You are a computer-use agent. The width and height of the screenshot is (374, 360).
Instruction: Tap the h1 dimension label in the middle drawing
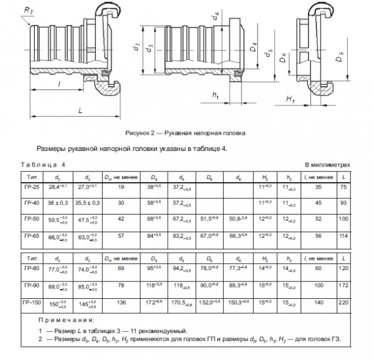214,95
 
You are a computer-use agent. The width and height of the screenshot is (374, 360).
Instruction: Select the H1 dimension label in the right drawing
290,99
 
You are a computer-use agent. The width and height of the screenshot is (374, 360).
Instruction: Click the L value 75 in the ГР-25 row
343,187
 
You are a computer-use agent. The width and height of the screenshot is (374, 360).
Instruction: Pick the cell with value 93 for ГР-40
343,203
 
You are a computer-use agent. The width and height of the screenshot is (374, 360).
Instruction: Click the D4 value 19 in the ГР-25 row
122,187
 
